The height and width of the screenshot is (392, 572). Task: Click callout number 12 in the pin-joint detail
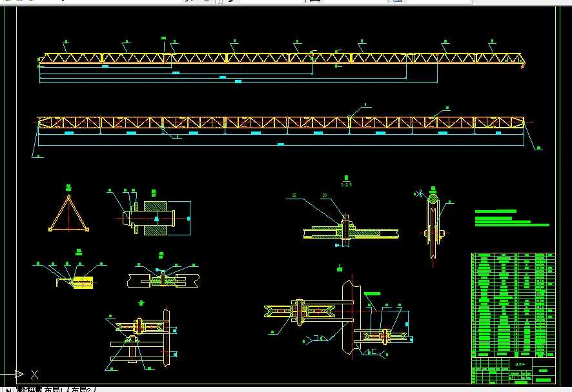(294, 195)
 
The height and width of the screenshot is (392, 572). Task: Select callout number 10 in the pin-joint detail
(324, 195)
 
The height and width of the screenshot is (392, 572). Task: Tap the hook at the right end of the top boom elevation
(523, 63)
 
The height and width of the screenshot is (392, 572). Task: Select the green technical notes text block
(510, 218)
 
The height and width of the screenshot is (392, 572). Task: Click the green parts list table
(513, 304)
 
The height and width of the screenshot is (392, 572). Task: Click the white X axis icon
(34, 374)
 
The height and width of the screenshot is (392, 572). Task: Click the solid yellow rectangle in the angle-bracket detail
(83, 282)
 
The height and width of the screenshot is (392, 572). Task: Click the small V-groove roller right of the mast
(385, 336)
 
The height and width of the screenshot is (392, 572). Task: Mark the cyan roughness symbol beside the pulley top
(418, 192)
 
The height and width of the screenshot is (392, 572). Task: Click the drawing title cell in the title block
(520, 364)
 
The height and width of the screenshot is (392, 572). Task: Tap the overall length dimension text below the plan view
(280, 144)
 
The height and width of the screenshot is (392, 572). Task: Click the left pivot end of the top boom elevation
(41, 61)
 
